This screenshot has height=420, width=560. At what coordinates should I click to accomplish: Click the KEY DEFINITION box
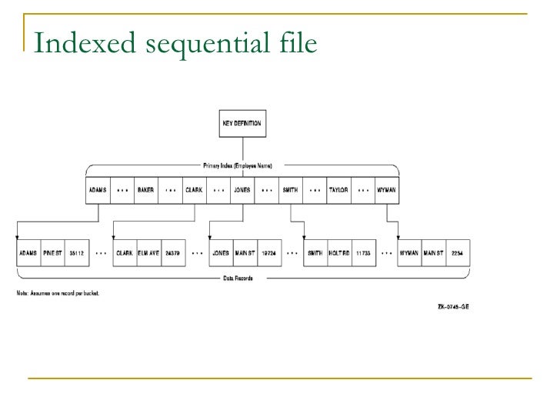pyautogui.click(x=242, y=123)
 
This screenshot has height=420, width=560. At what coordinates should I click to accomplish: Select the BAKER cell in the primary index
pyautogui.click(x=146, y=190)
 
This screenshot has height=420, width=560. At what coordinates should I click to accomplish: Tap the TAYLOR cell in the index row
pyautogui.click(x=338, y=190)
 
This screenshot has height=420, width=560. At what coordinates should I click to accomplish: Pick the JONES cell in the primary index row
pyautogui.click(x=242, y=190)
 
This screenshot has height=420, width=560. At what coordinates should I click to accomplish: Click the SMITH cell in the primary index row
pyautogui.click(x=290, y=190)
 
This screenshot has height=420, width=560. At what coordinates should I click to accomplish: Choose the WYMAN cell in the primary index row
pyautogui.click(x=386, y=190)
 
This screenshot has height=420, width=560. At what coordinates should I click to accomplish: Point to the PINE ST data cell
pyautogui.click(x=53, y=252)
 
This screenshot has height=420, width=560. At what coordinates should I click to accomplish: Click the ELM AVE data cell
pyautogui.click(x=149, y=252)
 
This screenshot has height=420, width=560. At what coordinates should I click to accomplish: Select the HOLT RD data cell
pyautogui.click(x=339, y=252)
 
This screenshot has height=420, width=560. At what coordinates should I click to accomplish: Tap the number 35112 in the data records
pyautogui.click(x=76, y=252)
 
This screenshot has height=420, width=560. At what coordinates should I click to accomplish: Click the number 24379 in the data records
pyautogui.click(x=173, y=252)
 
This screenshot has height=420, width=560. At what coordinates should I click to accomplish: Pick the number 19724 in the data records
pyautogui.click(x=268, y=252)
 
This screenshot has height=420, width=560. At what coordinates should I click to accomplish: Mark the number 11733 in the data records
pyautogui.click(x=363, y=252)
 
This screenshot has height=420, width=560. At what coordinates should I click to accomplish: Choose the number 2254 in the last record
pyautogui.click(x=458, y=252)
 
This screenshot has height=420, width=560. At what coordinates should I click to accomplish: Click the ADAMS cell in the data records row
pyautogui.click(x=28, y=252)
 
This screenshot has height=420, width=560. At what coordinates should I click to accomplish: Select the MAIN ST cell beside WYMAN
pyautogui.click(x=434, y=252)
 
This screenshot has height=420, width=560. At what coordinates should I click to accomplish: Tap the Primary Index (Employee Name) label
pyautogui.click(x=242, y=165)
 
